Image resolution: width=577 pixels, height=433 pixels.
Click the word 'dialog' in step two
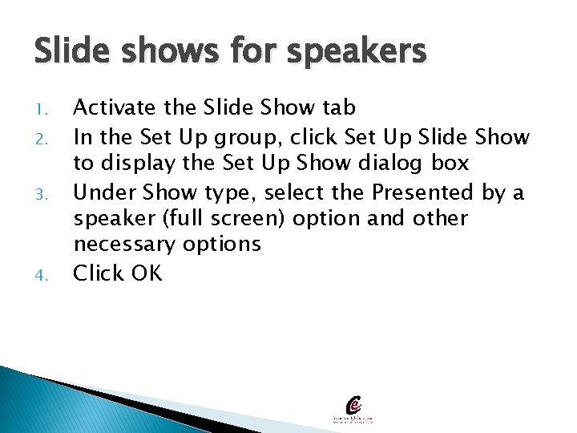(x=379, y=164)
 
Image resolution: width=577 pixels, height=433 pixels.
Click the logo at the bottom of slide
(x=354, y=408)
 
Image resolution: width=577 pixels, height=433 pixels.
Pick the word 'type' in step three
(x=228, y=193)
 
